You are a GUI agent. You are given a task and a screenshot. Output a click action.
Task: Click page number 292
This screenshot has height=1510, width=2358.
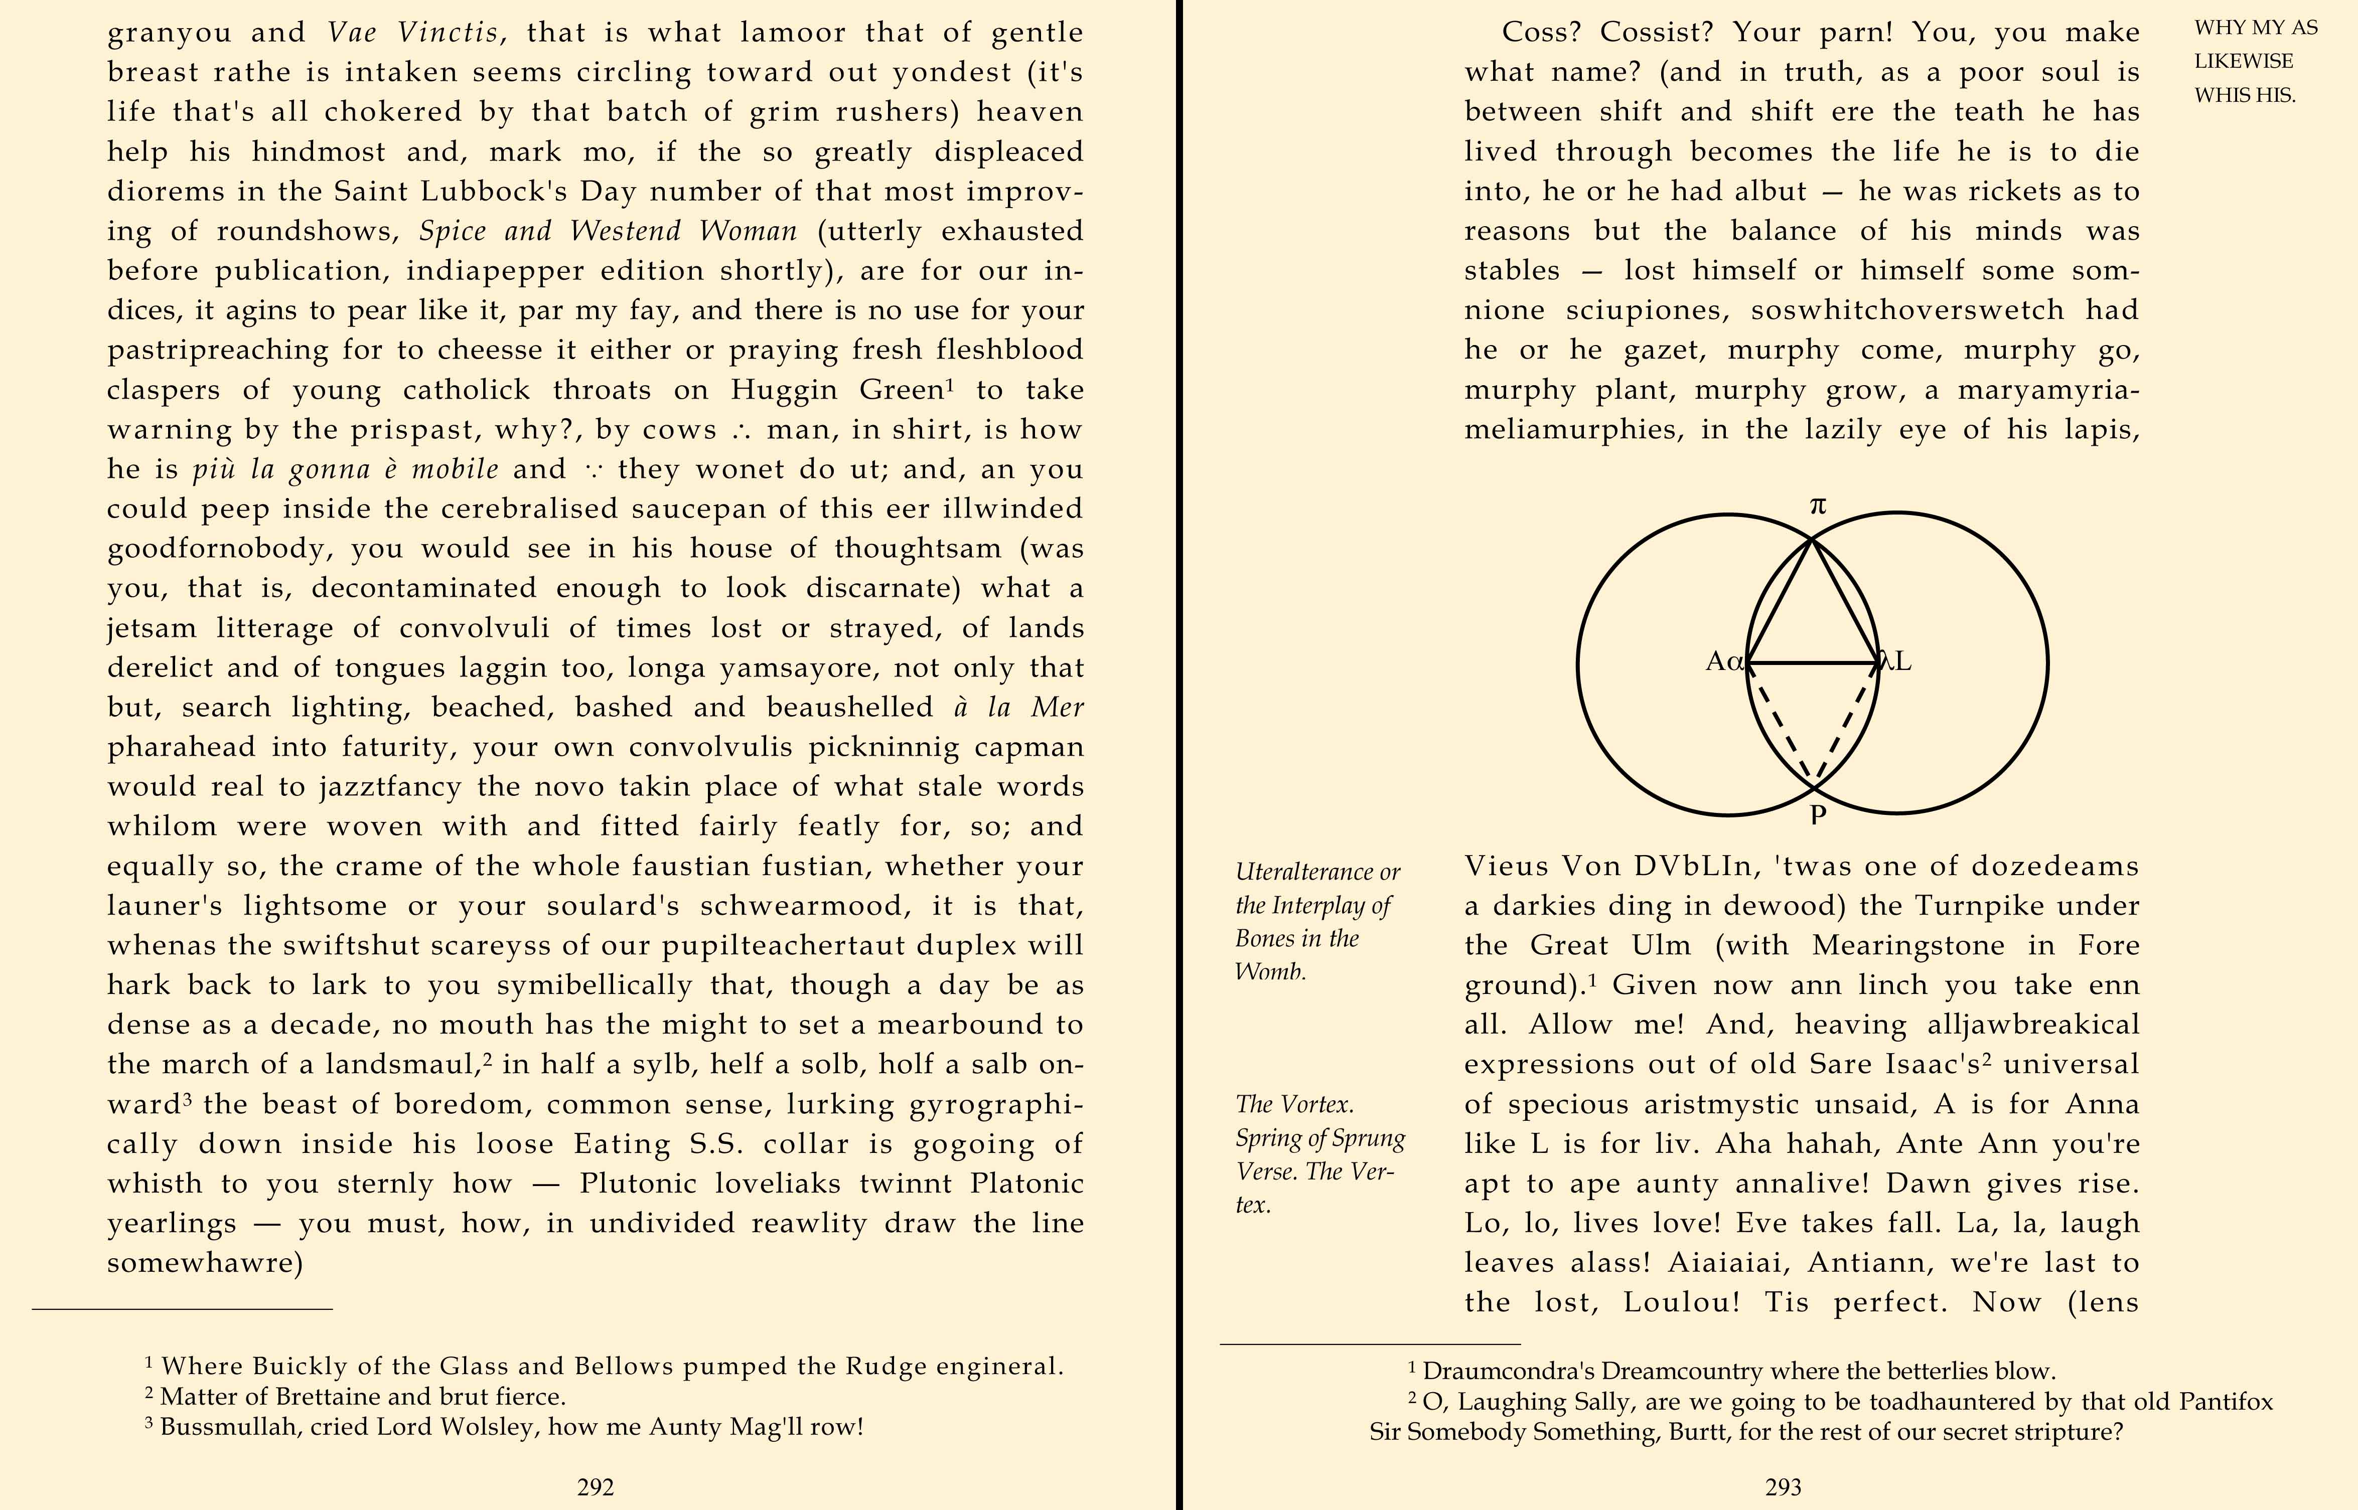pyautogui.click(x=596, y=1487)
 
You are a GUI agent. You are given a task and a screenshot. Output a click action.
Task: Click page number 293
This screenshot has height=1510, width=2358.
pyautogui.click(x=1783, y=1487)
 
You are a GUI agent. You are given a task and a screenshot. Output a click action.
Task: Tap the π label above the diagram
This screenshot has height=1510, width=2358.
pyautogui.click(x=1818, y=506)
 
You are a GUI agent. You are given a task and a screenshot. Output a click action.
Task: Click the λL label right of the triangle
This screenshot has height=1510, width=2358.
pyautogui.click(x=1895, y=662)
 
